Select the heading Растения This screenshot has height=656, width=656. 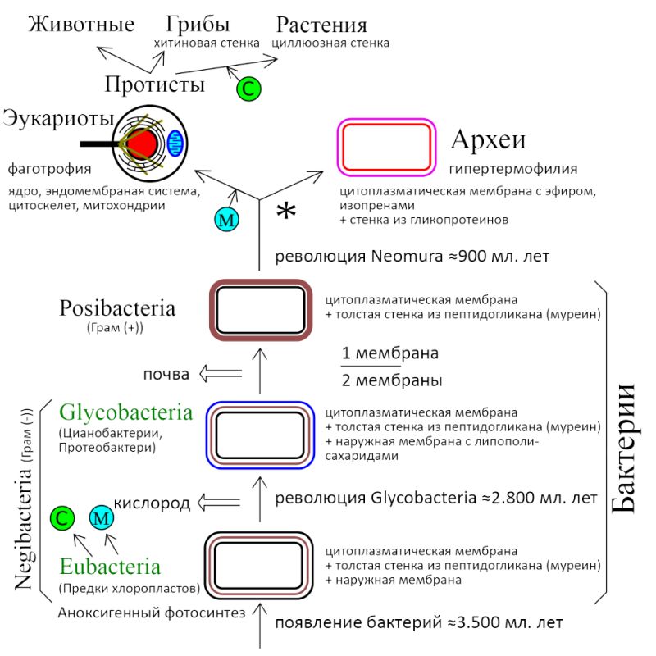tap(321, 25)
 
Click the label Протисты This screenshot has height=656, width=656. tap(155, 84)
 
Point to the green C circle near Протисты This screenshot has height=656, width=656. tap(248, 89)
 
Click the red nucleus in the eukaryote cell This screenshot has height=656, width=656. tap(141, 144)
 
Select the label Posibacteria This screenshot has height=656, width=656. tap(117, 309)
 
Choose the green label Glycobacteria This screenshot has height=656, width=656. tap(125, 412)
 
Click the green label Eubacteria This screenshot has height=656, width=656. tap(110, 567)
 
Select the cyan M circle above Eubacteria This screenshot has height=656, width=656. tap(102, 517)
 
